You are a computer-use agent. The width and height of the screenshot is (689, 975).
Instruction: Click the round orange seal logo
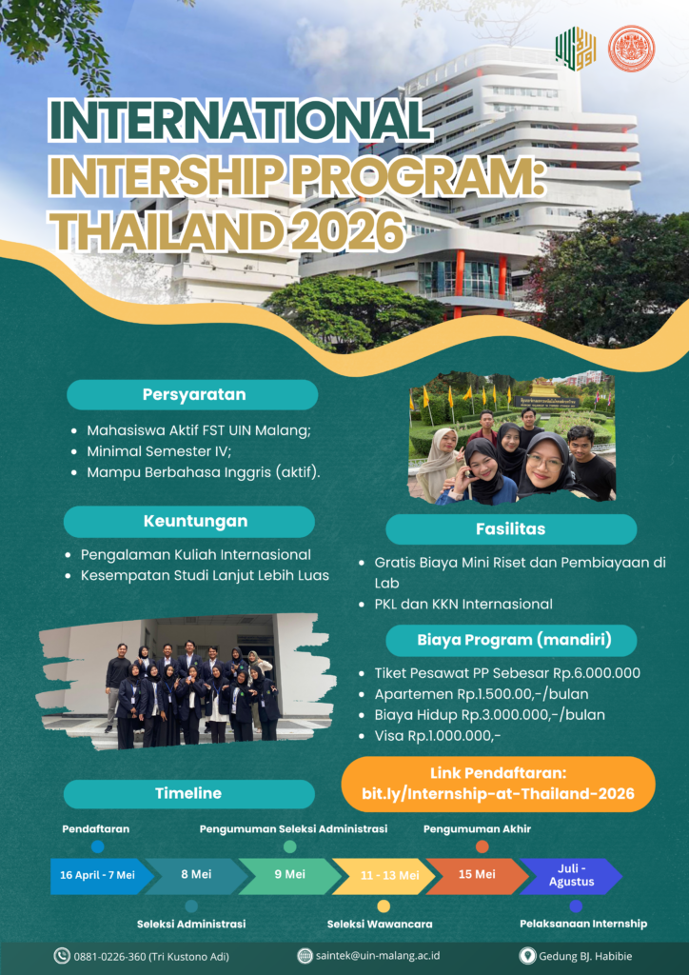(631, 48)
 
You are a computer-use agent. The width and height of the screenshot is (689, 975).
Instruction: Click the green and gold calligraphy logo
(576, 48)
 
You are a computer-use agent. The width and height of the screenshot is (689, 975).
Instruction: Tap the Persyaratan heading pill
(192, 394)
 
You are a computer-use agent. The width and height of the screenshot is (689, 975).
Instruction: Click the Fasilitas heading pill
(511, 529)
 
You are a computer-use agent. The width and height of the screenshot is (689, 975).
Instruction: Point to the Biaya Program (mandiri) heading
(511, 641)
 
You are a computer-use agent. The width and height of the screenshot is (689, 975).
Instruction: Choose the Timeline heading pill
(188, 793)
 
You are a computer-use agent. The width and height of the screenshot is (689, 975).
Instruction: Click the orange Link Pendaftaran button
(499, 785)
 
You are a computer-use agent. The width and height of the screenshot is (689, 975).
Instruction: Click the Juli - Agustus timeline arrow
(571, 876)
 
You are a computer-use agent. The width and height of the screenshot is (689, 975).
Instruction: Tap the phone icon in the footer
(62, 956)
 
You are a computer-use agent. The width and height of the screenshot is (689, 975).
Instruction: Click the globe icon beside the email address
(305, 956)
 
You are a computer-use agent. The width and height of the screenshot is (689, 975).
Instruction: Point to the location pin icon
(527, 956)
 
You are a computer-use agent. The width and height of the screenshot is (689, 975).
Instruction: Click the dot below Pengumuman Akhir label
(482, 846)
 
